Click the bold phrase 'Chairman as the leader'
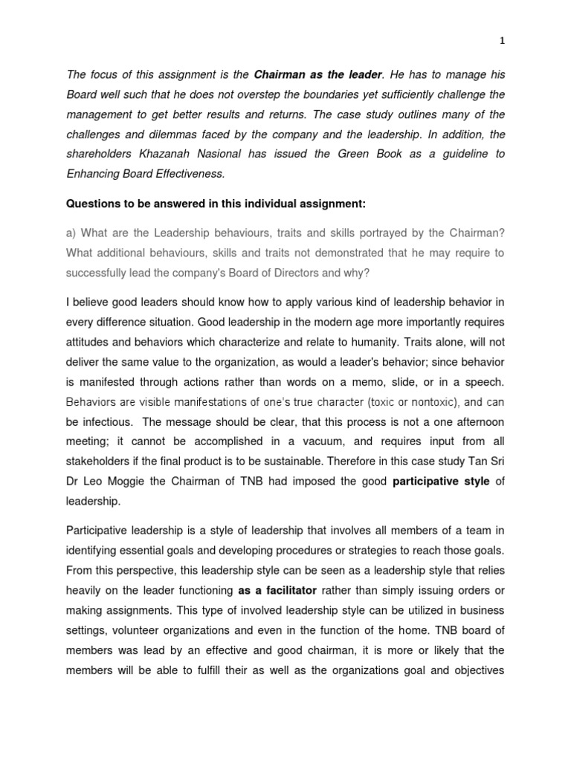(x=318, y=75)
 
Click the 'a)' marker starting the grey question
(x=71, y=233)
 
